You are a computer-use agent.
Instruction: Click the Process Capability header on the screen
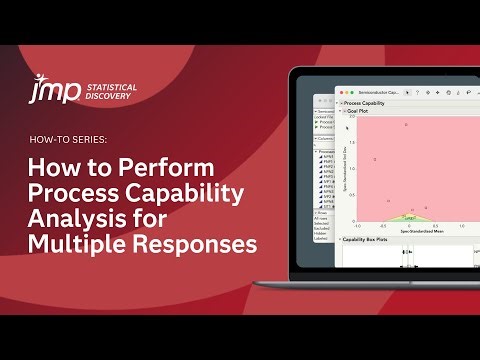point(366,103)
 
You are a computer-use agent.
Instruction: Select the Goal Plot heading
point(360,111)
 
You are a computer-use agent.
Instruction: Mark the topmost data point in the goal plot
point(406,125)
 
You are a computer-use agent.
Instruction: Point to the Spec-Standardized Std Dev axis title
point(345,170)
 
